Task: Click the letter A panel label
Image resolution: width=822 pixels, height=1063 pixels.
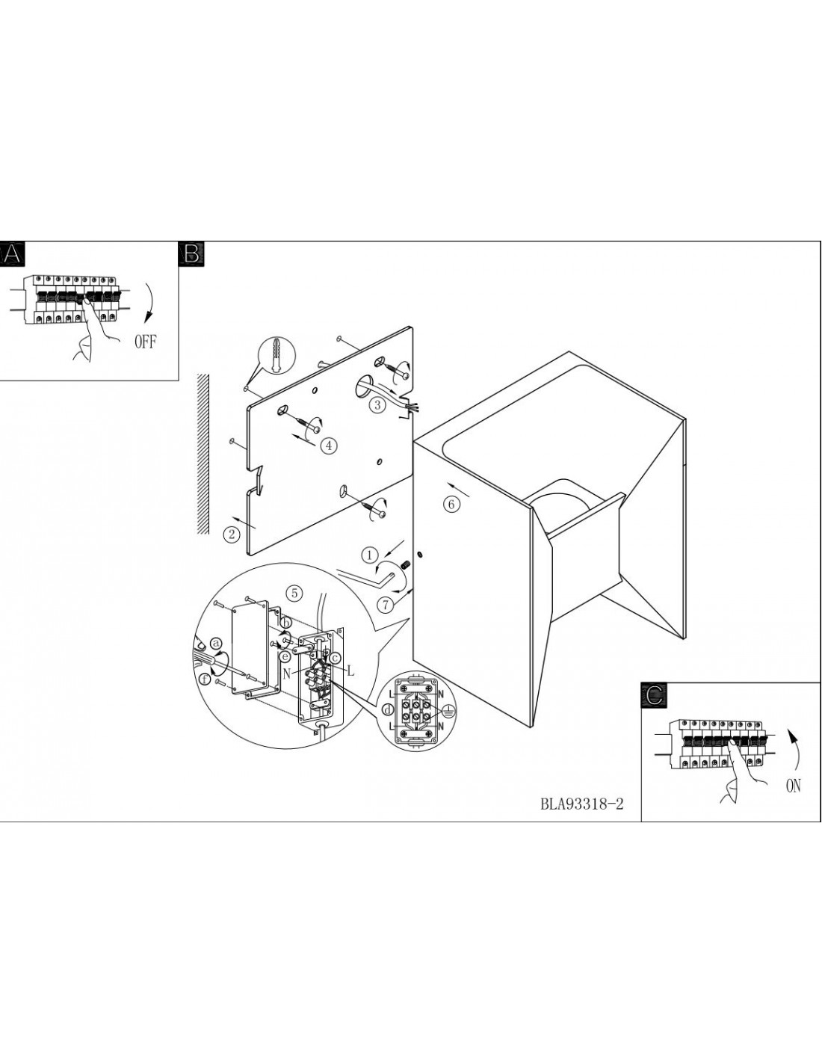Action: pyautogui.click(x=10, y=254)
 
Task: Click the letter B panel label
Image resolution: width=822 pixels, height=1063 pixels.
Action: pyautogui.click(x=192, y=254)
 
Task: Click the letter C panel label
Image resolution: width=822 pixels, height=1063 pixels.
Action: pyautogui.click(x=653, y=696)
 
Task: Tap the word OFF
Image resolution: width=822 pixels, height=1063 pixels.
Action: pyautogui.click(x=146, y=342)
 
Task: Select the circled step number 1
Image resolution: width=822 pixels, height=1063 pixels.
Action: pyautogui.click(x=370, y=555)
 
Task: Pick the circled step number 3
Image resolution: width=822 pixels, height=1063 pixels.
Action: pyautogui.click(x=377, y=404)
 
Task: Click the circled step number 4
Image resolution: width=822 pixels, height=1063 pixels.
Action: pyautogui.click(x=329, y=445)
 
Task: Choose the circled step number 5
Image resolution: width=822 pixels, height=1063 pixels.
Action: pyautogui.click(x=294, y=594)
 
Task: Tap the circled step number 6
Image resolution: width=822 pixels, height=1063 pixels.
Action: pyautogui.click(x=452, y=505)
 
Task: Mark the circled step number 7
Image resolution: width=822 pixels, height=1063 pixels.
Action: pyautogui.click(x=386, y=605)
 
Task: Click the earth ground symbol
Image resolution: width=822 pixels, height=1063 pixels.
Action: pyautogui.click(x=448, y=711)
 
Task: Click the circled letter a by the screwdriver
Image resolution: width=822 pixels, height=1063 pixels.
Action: pyautogui.click(x=215, y=643)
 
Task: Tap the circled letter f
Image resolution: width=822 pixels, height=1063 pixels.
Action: pyautogui.click(x=206, y=679)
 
